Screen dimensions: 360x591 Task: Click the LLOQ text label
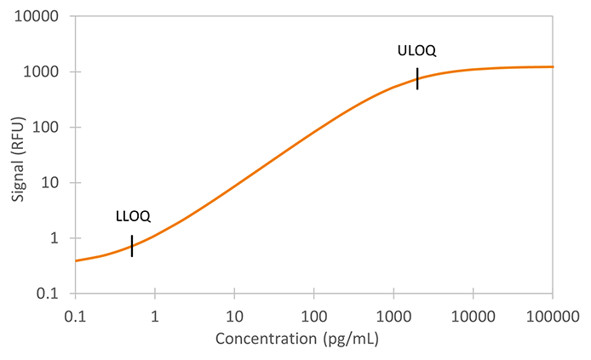[133, 216]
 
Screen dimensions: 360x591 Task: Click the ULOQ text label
[416, 51]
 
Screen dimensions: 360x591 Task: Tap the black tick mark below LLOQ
[132, 245]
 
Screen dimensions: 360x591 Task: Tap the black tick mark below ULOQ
[417, 78]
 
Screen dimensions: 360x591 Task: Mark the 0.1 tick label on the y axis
[51, 294]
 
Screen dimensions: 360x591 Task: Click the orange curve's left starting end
[77, 260]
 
